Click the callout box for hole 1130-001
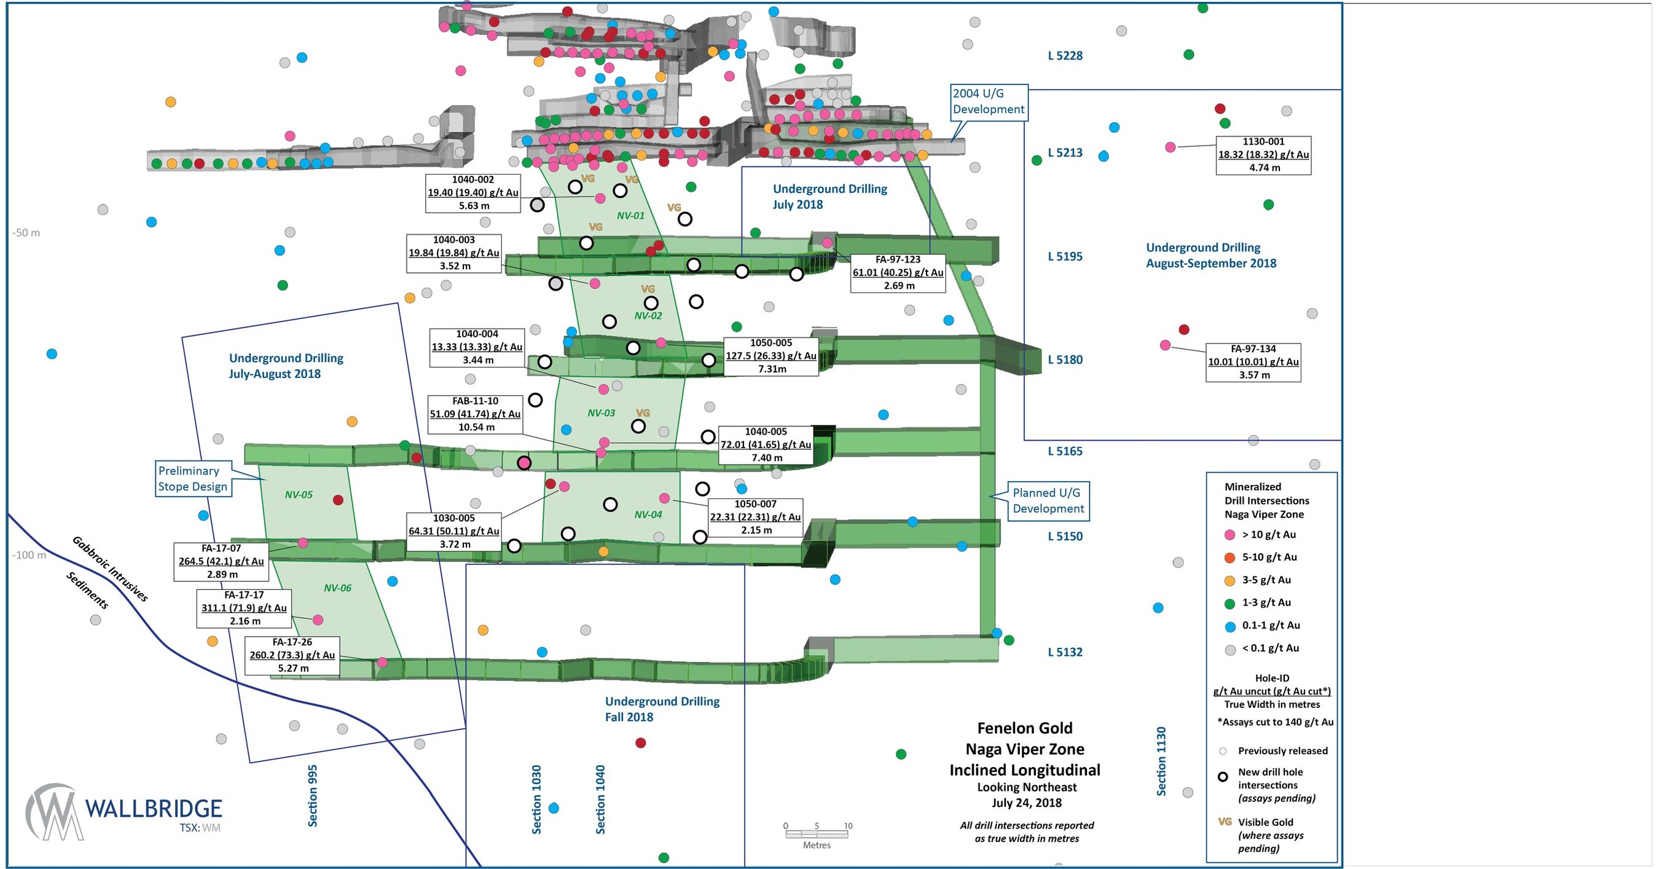click(x=1262, y=155)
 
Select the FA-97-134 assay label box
click(x=1253, y=362)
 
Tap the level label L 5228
click(x=1065, y=56)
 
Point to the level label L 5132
click(x=1065, y=652)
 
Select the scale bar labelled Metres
click(x=816, y=834)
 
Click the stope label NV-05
click(x=299, y=495)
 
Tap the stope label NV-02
click(x=648, y=316)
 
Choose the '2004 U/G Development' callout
click(x=988, y=102)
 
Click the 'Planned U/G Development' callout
click(x=1048, y=500)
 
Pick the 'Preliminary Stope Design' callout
click(x=192, y=479)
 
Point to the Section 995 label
click(x=312, y=796)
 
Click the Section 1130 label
click(x=1161, y=761)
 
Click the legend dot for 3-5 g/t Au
click(x=1230, y=580)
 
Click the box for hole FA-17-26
click(x=292, y=655)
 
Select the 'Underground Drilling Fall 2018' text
click(x=661, y=709)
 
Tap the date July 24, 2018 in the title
click(x=1027, y=803)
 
